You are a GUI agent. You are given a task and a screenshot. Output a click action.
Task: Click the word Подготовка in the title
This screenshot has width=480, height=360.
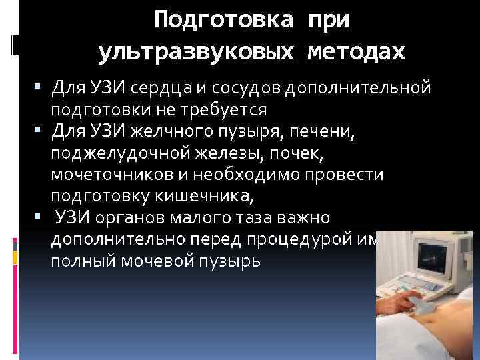click(x=221, y=20)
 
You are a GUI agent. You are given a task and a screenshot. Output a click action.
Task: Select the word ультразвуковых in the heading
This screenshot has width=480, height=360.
click(x=194, y=52)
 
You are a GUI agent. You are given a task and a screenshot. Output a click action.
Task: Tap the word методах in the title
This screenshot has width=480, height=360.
click(x=355, y=52)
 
